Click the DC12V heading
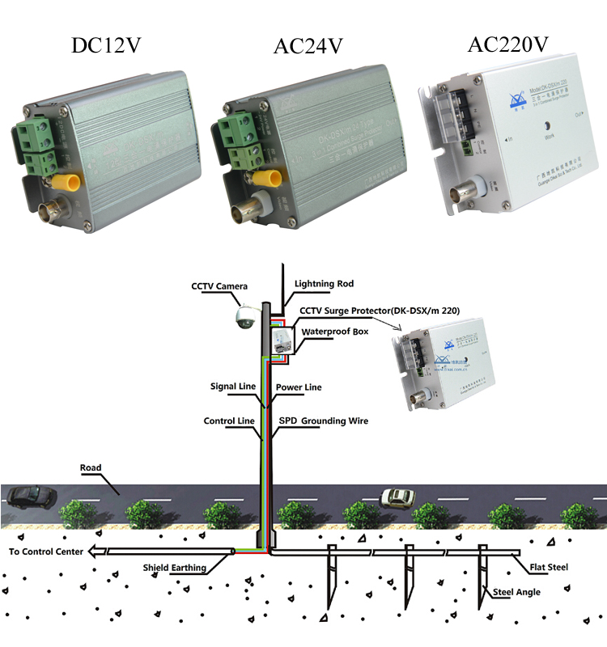pyautogui.click(x=107, y=45)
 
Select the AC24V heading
pyautogui.click(x=308, y=47)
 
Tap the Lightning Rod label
pyautogui.click(x=324, y=284)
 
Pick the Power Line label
pyautogui.click(x=299, y=387)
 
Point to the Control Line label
pyautogui.click(x=229, y=421)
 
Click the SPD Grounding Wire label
pyautogui.click(x=323, y=421)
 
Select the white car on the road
pyautogui.click(x=397, y=496)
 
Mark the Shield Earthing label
pyautogui.click(x=174, y=568)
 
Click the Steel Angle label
pyautogui.click(x=517, y=592)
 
